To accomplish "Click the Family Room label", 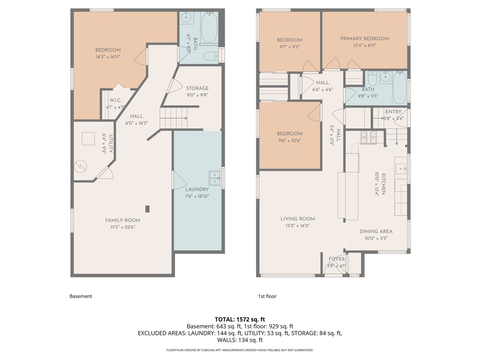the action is click(x=122, y=220).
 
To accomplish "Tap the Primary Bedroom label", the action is click(x=365, y=39).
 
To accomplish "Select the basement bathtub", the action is click(x=209, y=27).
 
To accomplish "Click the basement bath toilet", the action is click(x=211, y=56).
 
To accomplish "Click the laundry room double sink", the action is click(x=215, y=178).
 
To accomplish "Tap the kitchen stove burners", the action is click(x=368, y=137).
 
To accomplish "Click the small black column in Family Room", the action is click(x=147, y=209).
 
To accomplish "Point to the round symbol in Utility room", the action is click(x=80, y=167).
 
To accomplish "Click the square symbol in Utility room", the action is click(x=88, y=139).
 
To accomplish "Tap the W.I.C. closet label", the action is click(x=115, y=100).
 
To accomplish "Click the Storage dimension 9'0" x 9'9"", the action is click(x=197, y=95).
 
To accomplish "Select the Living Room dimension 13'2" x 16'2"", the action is click(x=298, y=226).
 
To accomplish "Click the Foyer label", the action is click(x=337, y=259).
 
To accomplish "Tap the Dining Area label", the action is click(x=376, y=231).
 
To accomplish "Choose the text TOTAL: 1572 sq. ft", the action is click(x=240, y=319).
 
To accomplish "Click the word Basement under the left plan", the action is click(x=81, y=296).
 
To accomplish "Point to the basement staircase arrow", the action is click(x=173, y=118).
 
